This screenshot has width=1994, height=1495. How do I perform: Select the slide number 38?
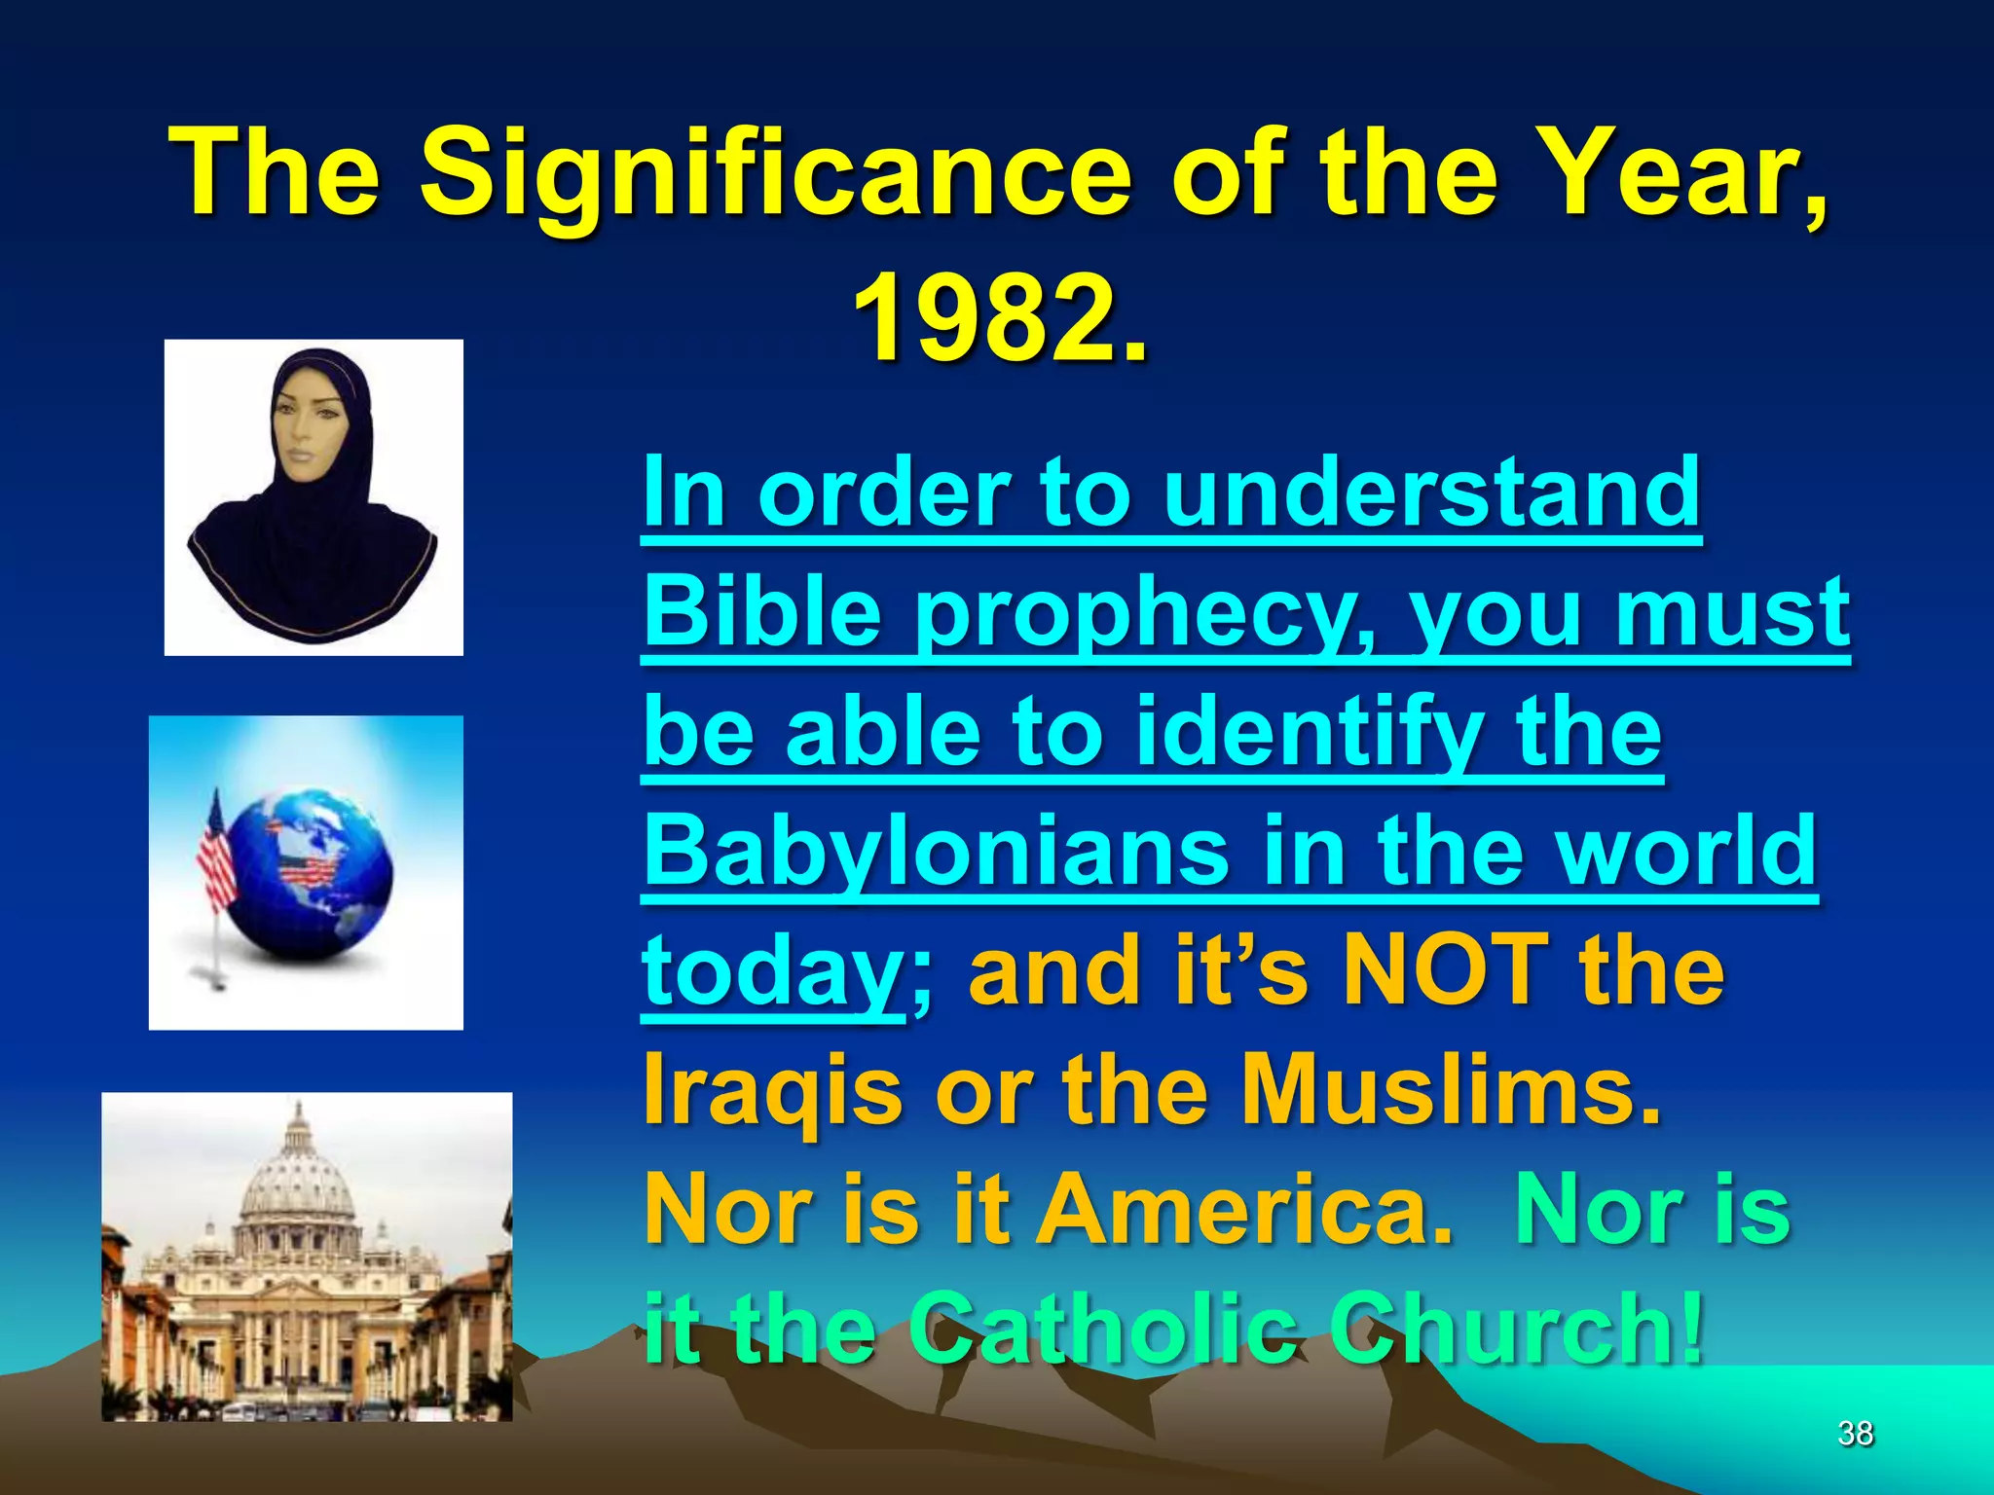click(1855, 1433)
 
